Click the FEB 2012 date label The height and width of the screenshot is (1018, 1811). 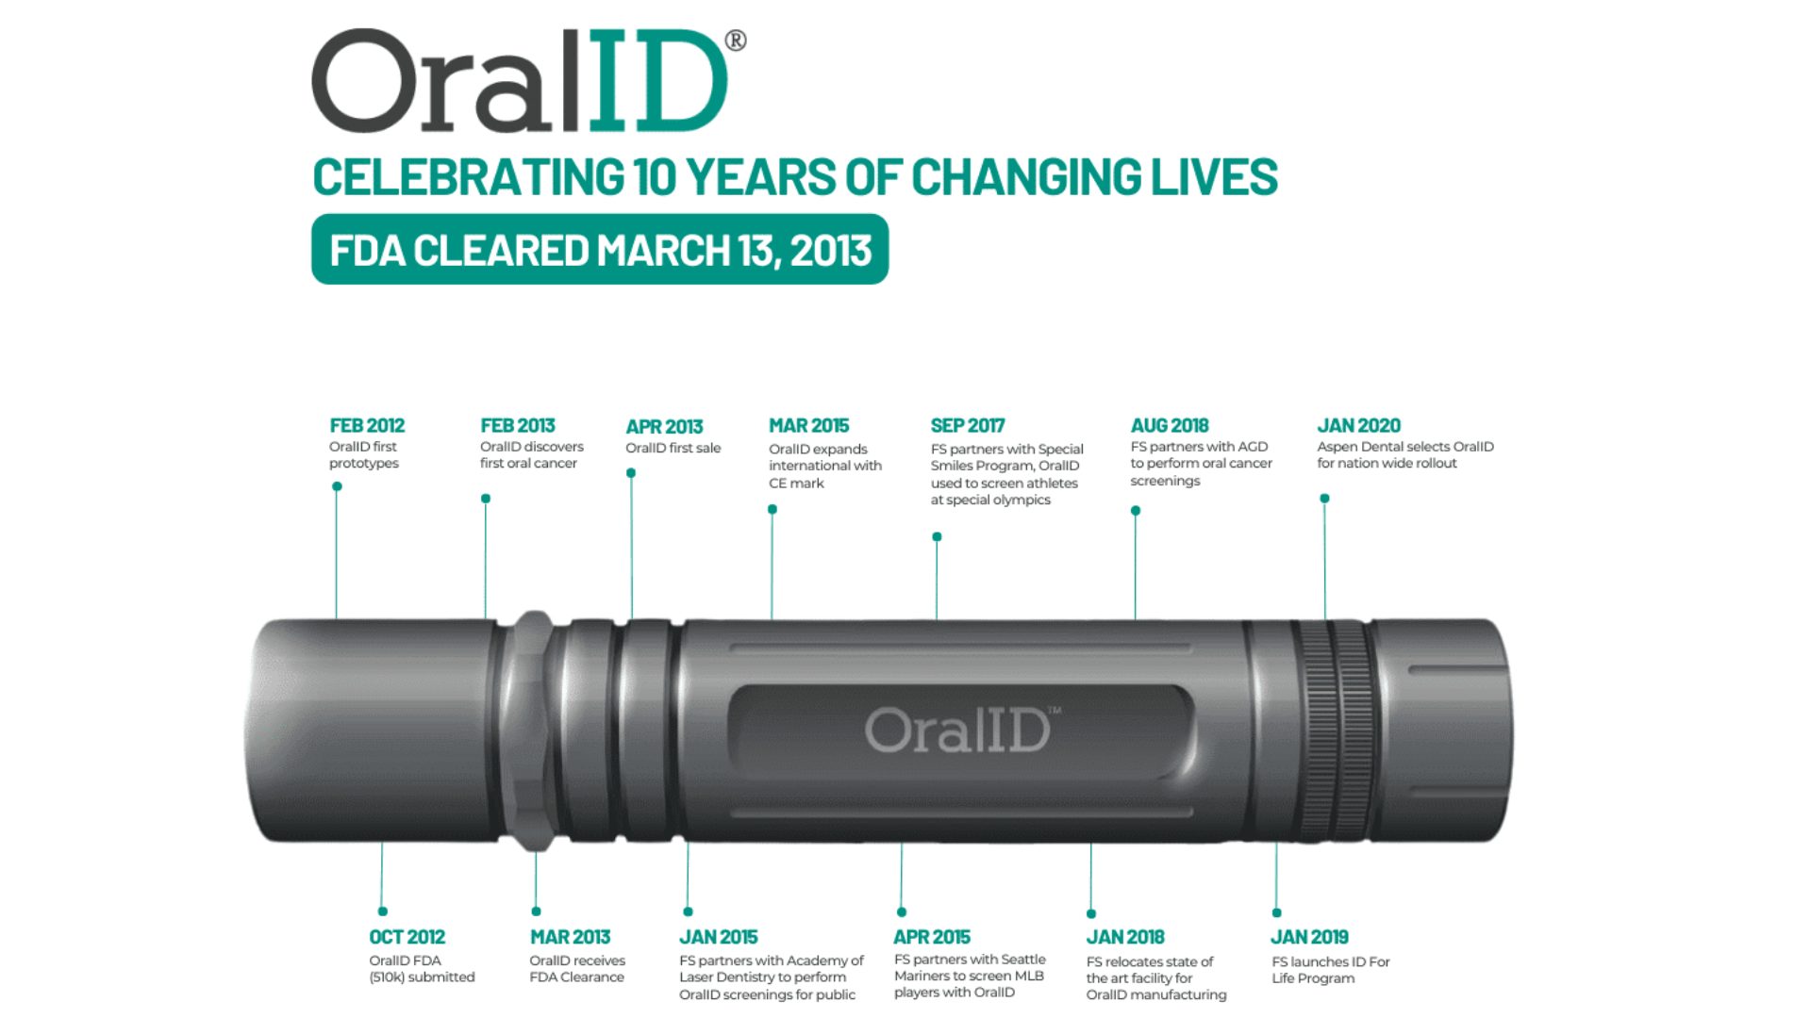[367, 426]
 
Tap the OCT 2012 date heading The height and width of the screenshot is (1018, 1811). [407, 937]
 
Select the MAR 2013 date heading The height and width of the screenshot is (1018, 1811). [570, 937]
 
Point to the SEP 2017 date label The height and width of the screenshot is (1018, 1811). [968, 426]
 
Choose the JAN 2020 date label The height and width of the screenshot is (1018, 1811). [1358, 426]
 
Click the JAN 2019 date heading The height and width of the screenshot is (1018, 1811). [1309, 937]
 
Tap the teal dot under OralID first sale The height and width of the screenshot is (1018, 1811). [631, 473]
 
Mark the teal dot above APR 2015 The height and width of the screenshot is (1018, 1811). [902, 911]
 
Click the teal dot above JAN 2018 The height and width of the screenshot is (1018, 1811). [1091, 913]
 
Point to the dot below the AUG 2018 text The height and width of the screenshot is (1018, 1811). [1136, 511]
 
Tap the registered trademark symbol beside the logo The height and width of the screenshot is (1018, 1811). [736, 41]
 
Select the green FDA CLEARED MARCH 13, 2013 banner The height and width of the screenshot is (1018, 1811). [600, 250]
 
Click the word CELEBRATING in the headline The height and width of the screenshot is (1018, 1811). [469, 177]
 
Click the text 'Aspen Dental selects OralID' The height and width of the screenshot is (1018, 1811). [1405, 447]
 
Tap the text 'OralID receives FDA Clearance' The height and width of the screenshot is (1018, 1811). [577, 969]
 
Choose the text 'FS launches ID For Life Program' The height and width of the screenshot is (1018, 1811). [1331, 970]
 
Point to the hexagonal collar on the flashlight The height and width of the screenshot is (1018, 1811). [534, 731]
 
